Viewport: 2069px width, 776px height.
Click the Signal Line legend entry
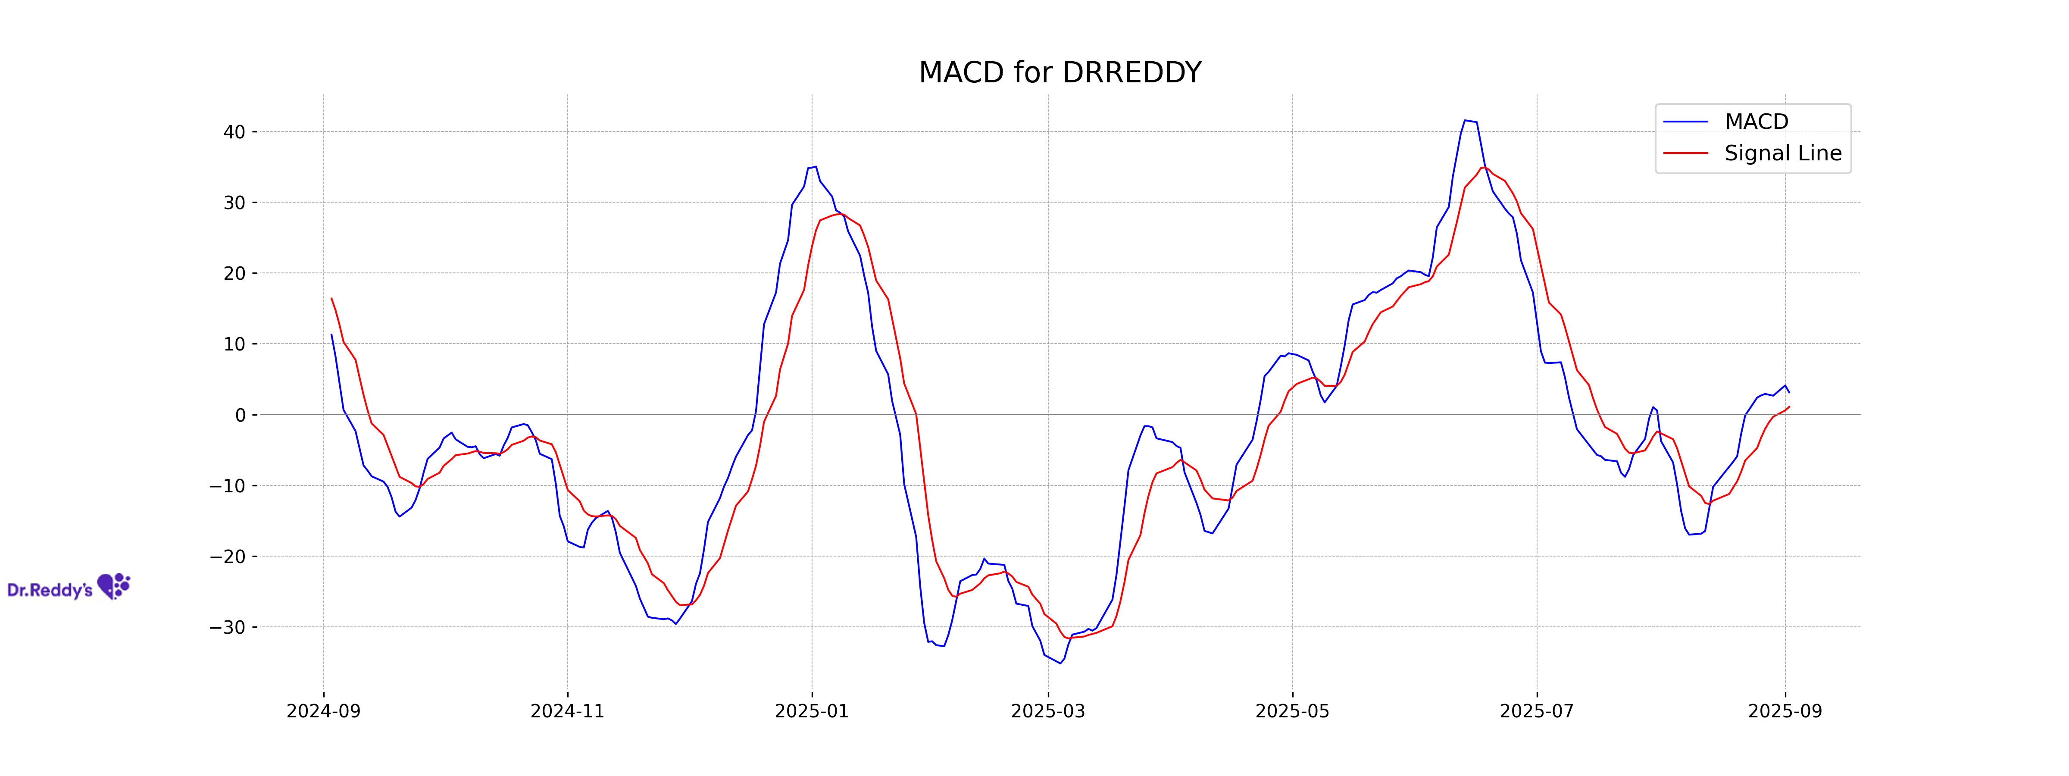pyautogui.click(x=1782, y=153)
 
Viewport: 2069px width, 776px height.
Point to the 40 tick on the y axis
pyautogui.click(x=234, y=132)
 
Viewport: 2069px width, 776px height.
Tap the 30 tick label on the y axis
pyautogui.click(x=234, y=203)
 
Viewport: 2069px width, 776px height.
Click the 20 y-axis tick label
pyautogui.click(x=234, y=273)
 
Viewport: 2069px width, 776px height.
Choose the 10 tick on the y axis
pyautogui.click(x=234, y=344)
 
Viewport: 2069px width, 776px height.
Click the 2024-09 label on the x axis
pyautogui.click(x=324, y=711)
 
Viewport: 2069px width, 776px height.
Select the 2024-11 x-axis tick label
pyautogui.click(x=567, y=711)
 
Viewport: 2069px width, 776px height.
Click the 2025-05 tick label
pyautogui.click(x=1292, y=711)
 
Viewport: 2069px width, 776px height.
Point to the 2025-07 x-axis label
pyautogui.click(x=1537, y=711)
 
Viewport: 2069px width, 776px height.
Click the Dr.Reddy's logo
pyautogui.click(x=68, y=587)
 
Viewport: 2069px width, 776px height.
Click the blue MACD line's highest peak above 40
pyautogui.click(x=1466, y=121)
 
